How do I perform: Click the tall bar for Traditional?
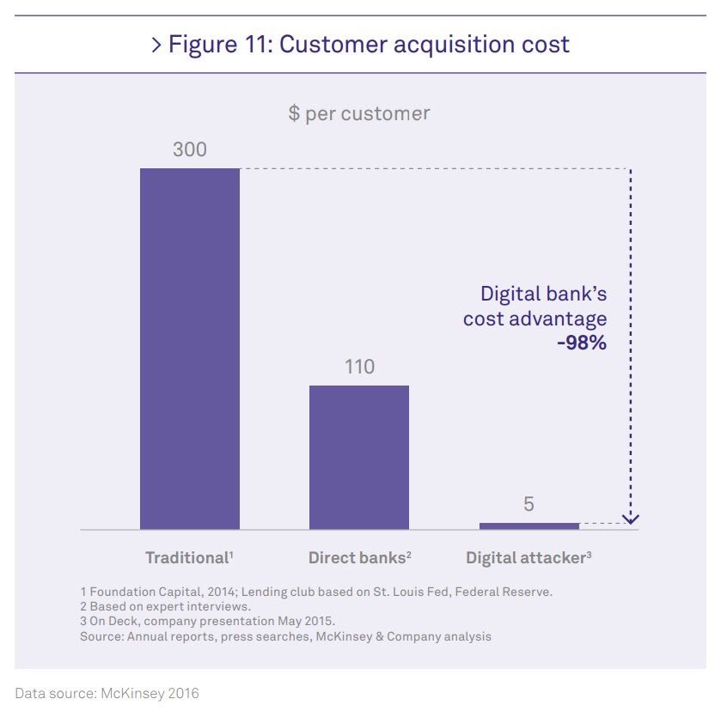point(189,348)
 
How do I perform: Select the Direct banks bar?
point(358,457)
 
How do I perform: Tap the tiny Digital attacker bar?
point(529,526)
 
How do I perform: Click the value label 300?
point(189,149)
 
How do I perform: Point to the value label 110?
point(358,368)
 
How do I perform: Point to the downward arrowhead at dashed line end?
point(632,518)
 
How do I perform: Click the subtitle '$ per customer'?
point(359,113)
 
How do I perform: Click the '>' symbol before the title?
point(156,45)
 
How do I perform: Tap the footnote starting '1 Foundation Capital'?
point(316,592)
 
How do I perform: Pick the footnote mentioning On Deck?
point(207,622)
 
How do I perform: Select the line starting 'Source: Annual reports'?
point(285,636)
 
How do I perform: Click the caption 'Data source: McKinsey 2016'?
point(107,693)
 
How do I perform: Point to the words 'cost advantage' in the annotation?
point(535,319)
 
